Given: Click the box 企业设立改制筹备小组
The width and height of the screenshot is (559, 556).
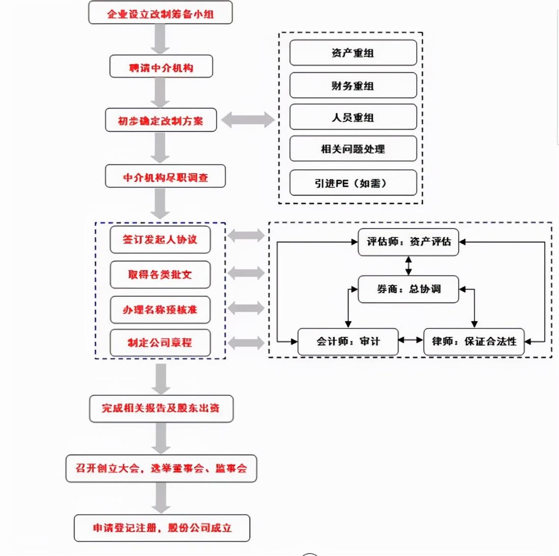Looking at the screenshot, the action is click(x=160, y=12).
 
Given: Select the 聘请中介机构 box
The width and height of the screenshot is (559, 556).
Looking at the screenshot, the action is click(x=161, y=66).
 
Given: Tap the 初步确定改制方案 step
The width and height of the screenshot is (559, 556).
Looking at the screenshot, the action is click(x=161, y=120).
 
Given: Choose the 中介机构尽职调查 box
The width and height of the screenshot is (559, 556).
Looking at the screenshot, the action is click(x=165, y=176).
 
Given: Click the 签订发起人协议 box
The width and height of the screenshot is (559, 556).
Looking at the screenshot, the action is click(x=160, y=239).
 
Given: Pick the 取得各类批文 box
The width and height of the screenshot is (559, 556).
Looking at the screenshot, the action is click(x=160, y=275).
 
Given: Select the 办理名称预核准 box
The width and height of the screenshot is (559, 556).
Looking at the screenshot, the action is click(x=160, y=309).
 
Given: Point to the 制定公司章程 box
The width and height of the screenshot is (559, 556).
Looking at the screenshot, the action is click(x=160, y=343).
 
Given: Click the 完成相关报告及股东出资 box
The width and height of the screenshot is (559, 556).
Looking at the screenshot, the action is click(x=161, y=408).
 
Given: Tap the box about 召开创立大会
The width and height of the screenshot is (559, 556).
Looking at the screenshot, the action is click(x=161, y=468).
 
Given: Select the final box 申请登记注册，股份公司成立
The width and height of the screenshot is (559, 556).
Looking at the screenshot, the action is click(x=162, y=528).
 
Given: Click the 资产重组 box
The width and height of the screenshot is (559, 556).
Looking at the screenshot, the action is click(x=353, y=53).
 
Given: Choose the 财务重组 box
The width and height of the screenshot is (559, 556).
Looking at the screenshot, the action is click(x=353, y=85).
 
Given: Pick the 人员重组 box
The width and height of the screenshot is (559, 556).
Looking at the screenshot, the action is click(x=353, y=117).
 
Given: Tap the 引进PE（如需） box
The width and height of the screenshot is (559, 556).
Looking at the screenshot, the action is click(x=353, y=183).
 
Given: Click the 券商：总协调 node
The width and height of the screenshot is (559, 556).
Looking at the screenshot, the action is click(x=408, y=289).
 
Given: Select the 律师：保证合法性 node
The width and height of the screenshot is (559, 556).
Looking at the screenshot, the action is click(x=474, y=342).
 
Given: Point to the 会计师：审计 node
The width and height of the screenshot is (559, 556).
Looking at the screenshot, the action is click(x=348, y=342).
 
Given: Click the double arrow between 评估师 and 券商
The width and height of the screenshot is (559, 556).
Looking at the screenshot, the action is click(x=408, y=266).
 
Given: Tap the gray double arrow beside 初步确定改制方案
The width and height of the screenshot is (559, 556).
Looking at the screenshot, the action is click(x=248, y=120).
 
